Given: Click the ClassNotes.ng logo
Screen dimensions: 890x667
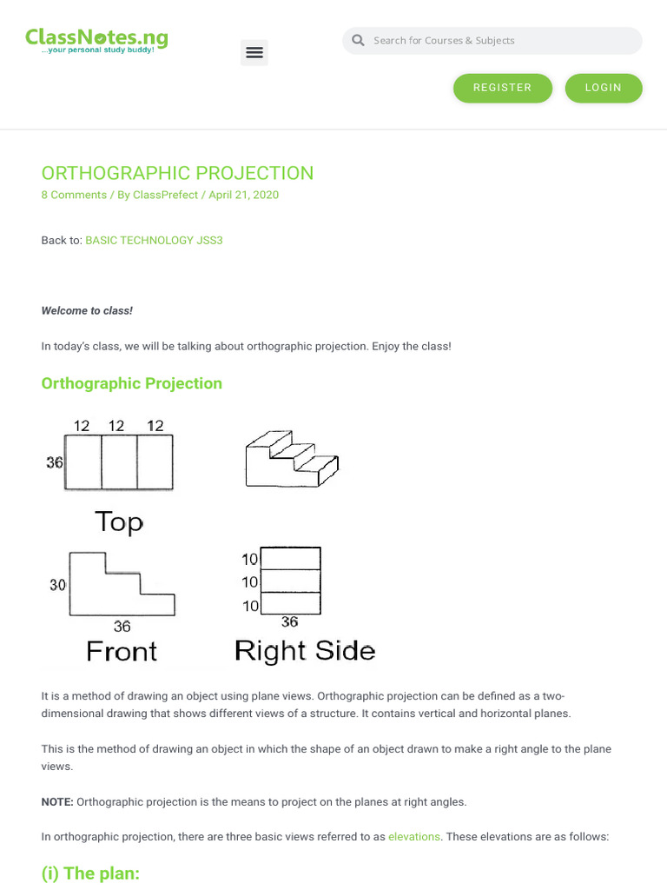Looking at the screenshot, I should click(x=96, y=40).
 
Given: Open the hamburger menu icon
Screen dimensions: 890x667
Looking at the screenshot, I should click(x=254, y=53).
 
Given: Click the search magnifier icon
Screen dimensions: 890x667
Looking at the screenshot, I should click(x=358, y=41).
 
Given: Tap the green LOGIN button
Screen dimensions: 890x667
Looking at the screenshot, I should click(x=603, y=88).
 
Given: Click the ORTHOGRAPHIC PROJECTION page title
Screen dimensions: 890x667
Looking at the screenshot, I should click(x=177, y=173).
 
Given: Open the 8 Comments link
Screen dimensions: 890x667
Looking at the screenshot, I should click(x=74, y=195).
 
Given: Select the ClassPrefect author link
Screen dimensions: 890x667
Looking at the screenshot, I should click(x=165, y=195).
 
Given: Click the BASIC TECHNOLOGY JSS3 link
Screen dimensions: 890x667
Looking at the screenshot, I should click(x=154, y=240).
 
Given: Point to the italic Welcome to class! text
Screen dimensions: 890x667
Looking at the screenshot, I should click(x=87, y=310).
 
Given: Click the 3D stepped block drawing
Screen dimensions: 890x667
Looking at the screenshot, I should click(x=291, y=458).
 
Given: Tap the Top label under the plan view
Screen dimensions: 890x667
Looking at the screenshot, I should click(x=118, y=521).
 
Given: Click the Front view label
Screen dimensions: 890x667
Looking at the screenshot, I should click(x=122, y=651).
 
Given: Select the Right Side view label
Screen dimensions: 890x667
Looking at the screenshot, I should click(x=304, y=650).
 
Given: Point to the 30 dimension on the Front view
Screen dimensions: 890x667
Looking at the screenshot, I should click(x=57, y=585).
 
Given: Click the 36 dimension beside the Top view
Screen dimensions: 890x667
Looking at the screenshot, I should click(x=54, y=462).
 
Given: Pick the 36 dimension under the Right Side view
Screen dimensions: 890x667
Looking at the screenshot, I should click(x=289, y=621).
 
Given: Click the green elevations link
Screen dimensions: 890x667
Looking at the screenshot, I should click(x=414, y=836).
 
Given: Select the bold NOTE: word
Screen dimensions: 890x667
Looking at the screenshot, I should click(x=57, y=801).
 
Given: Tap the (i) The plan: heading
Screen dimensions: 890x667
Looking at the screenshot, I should click(x=90, y=873).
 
